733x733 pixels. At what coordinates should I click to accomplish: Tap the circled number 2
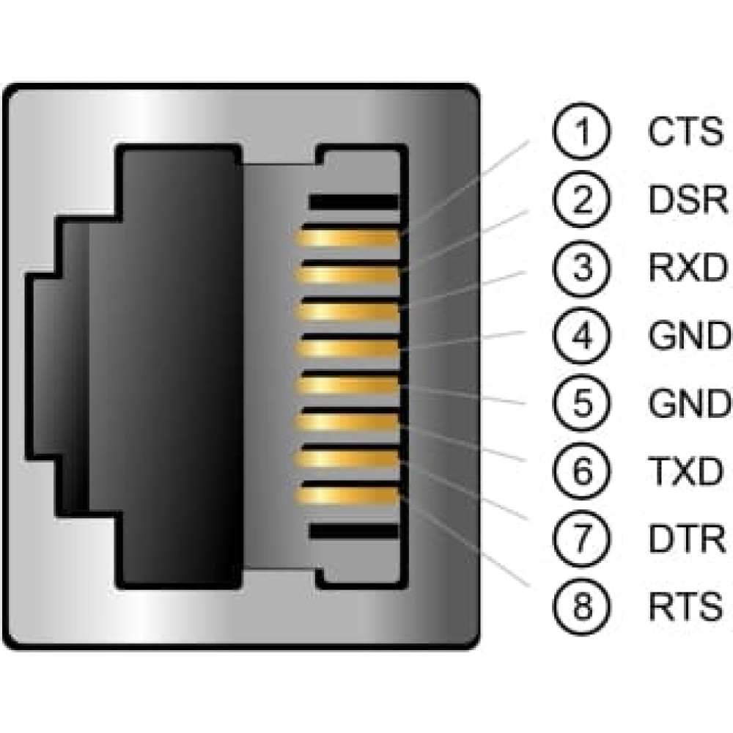coord(581,200)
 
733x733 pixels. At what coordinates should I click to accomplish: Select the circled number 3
coord(581,268)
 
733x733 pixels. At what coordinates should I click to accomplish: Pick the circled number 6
coord(581,471)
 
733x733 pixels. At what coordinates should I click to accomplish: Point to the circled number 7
coord(581,539)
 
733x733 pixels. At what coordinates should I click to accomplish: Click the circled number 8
coord(581,606)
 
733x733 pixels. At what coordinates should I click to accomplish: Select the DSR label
coord(688,200)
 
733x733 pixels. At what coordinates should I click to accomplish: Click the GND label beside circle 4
coord(689,336)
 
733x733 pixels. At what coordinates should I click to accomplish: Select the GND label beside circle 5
coord(689,403)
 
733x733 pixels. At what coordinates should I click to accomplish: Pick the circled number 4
coord(581,336)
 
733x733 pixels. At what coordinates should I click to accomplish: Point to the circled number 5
coord(581,403)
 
